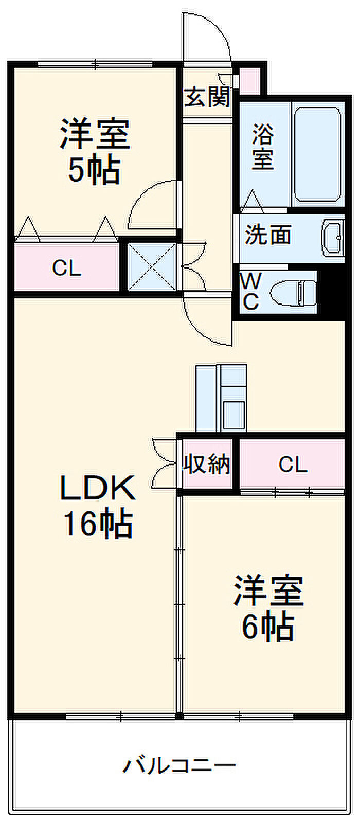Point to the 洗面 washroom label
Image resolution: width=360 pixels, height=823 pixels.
[267, 235]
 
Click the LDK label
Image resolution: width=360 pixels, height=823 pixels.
[98, 488]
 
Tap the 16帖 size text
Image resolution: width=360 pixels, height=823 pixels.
[98, 524]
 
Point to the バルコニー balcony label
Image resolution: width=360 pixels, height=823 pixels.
[179, 766]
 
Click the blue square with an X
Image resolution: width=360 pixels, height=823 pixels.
[152, 267]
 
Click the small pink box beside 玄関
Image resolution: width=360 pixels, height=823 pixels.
[249, 80]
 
